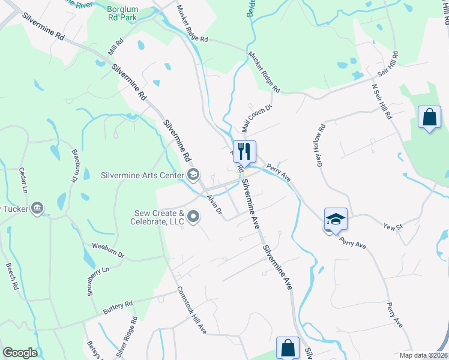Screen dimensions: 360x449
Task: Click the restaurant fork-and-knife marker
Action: pos(244,151)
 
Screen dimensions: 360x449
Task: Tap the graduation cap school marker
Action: pos(336,219)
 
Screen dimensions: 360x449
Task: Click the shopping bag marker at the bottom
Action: pos(288,348)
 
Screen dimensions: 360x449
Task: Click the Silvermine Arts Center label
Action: pos(142,175)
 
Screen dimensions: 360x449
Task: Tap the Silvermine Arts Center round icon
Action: pos(193,175)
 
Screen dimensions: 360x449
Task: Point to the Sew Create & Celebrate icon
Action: pos(193,216)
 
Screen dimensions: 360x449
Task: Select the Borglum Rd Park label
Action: pos(121,13)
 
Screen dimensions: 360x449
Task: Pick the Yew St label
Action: pos(393,226)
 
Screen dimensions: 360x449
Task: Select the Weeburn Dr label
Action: pos(108,251)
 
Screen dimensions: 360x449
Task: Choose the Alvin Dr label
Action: pos(214,205)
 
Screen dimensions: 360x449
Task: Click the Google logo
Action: pos(20,353)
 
